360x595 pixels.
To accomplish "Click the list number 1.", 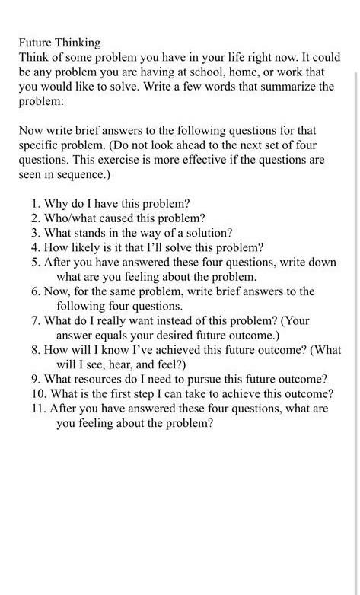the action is [x=35, y=203].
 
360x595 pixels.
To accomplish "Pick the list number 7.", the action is [x=35, y=320].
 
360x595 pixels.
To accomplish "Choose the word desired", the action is [x=164, y=335].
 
